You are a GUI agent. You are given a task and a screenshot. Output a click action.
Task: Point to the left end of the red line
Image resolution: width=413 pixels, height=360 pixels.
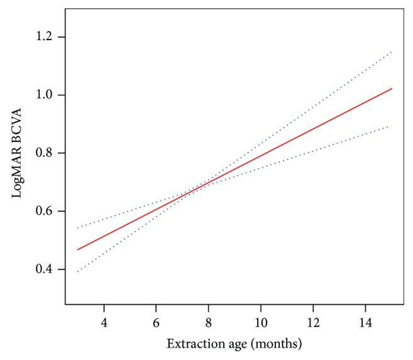77,249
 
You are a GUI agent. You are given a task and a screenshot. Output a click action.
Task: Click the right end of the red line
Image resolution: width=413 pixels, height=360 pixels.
392,89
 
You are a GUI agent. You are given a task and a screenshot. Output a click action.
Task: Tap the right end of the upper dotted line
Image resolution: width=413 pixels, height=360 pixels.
392,52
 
